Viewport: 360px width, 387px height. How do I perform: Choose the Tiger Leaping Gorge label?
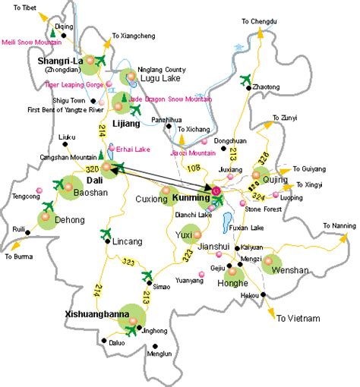[x=74, y=85]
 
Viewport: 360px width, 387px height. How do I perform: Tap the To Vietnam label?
[x=298, y=318]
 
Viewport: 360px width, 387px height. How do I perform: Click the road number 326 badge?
[x=264, y=159]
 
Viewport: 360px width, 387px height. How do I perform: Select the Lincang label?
[x=127, y=242]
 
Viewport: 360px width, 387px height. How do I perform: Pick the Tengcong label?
[x=17, y=197]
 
